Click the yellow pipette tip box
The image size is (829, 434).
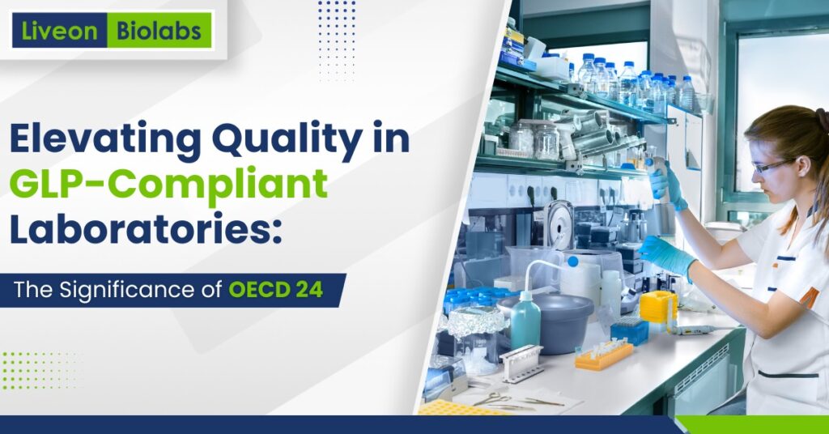(657, 306)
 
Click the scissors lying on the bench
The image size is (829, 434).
(490, 398)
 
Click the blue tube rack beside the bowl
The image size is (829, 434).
(630, 330)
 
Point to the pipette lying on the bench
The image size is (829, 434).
(688, 330)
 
